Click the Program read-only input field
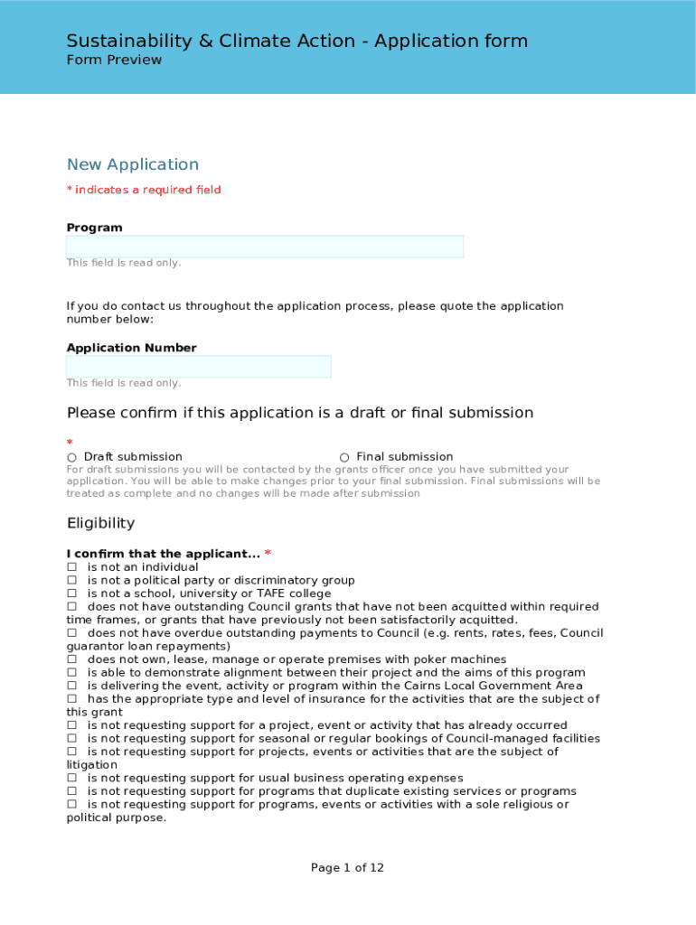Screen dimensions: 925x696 [x=264, y=247]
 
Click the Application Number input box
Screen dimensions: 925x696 [x=198, y=367]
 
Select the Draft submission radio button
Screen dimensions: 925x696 [x=71, y=458]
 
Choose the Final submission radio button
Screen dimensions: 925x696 [x=344, y=458]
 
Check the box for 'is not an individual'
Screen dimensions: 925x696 [x=71, y=567]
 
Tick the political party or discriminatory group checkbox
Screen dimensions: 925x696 [x=71, y=581]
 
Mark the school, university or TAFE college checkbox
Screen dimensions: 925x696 [x=71, y=593]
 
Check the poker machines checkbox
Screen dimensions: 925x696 [x=71, y=659]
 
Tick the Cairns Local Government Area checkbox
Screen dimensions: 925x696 [x=71, y=686]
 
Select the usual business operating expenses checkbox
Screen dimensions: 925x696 [x=71, y=778]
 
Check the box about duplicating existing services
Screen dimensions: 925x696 [x=71, y=791]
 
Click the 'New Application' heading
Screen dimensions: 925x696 [x=132, y=164]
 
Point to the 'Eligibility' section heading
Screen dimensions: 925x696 [x=100, y=523]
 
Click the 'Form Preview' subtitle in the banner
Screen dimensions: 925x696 [x=114, y=60]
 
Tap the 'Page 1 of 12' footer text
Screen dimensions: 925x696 [x=347, y=868]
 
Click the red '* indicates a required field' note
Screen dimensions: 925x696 [x=144, y=190]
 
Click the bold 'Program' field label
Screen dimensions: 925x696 [x=94, y=228]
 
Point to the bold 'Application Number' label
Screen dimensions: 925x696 [x=131, y=348]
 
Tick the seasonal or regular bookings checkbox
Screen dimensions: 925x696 [x=71, y=739]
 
